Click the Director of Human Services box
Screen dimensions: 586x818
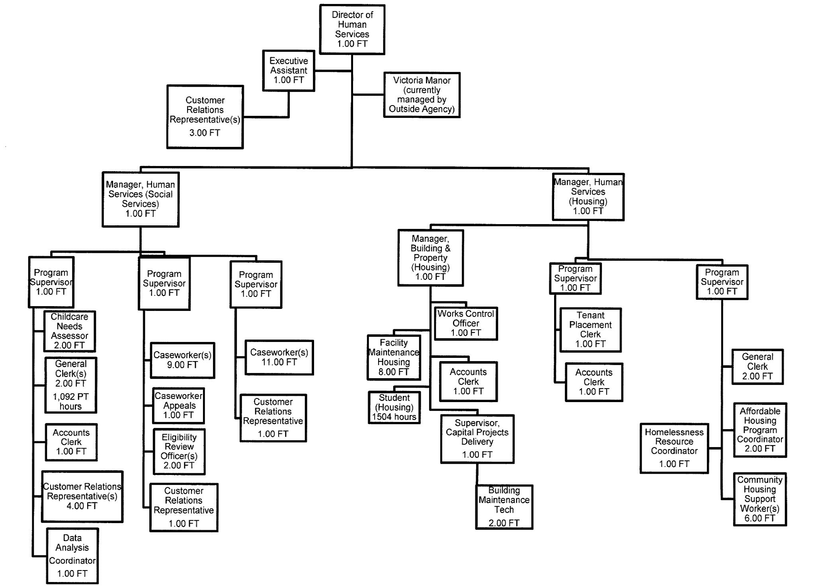tap(352, 29)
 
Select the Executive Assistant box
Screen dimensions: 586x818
tap(289, 70)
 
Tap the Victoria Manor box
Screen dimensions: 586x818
tap(422, 95)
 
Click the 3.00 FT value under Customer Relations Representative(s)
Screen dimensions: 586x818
tap(205, 133)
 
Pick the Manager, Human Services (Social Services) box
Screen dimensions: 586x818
tap(141, 199)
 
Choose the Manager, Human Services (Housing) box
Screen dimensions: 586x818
tap(588, 197)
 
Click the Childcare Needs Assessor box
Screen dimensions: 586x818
tap(70, 331)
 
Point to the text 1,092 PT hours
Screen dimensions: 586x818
tap(70, 401)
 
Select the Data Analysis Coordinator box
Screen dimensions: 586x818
tap(72, 556)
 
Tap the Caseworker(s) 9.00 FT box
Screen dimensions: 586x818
tap(182, 360)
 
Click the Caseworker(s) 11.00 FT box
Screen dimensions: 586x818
tap(279, 357)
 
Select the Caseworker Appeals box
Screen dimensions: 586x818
tap(178, 406)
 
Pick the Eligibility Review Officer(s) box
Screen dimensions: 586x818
tap(179, 451)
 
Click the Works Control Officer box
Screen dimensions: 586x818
tap(466, 323)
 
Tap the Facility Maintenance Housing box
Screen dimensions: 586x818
tap(394, 357)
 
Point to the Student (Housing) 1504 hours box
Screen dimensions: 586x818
tap(394, 407)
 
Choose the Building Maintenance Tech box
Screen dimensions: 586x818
tap(504, 507)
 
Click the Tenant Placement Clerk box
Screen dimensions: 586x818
tap(590, 330)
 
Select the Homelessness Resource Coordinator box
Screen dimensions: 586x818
tap(674, 448)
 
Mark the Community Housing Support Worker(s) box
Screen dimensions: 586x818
tap(759, 499)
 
